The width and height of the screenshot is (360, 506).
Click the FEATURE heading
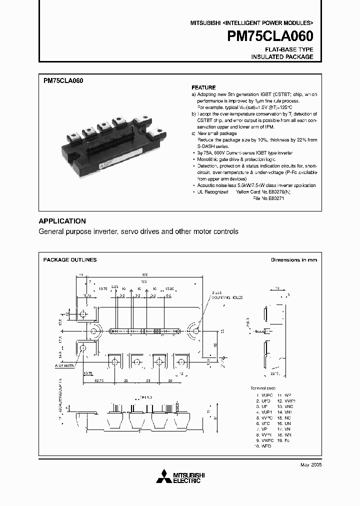(x=203, y=87)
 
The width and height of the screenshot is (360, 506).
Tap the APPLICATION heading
(x=62, y=221)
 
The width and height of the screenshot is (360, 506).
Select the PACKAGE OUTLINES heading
(x=70, y=260)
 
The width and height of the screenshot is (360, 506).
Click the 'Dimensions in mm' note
(x=294, y=260)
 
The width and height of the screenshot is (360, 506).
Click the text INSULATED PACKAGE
(x=282, y=57)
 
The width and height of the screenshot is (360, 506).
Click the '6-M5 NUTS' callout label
(x=64, y=366)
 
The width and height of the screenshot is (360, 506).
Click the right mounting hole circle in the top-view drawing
(x=195, y=331)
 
